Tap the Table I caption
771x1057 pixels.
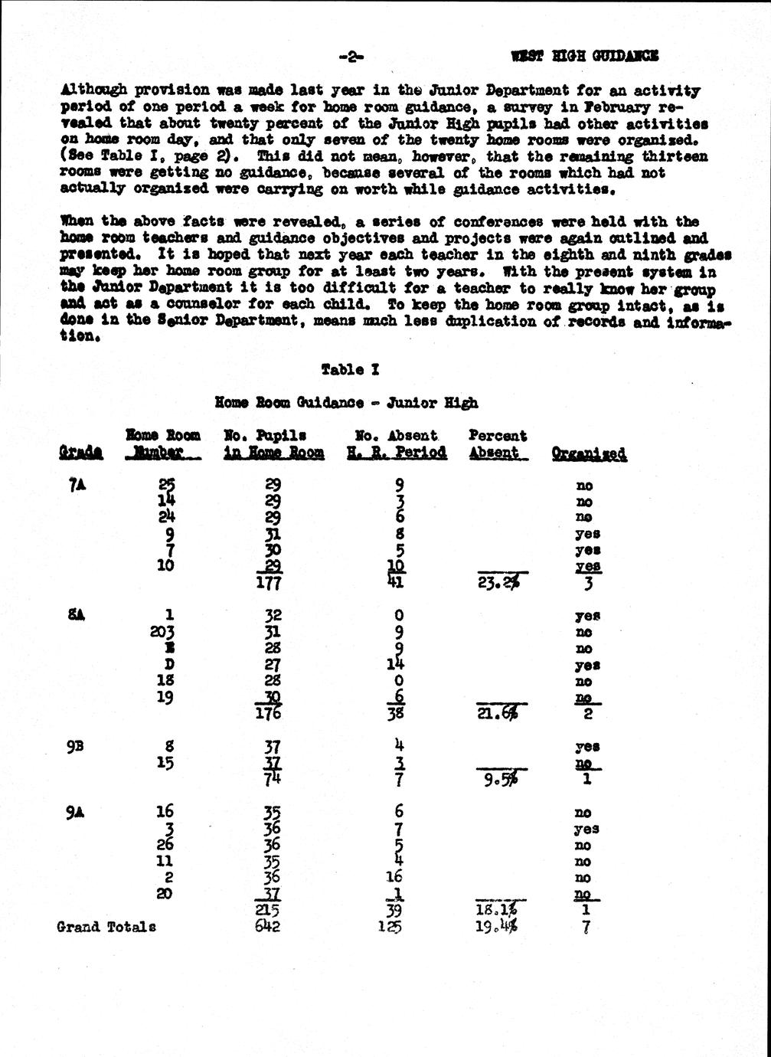coord(351,370)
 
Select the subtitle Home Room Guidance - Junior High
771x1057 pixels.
coord(347,402)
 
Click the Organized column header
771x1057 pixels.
coord(589,453)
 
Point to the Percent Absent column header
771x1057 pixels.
coord(497,444)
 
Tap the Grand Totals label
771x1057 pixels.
coord(106,927)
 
